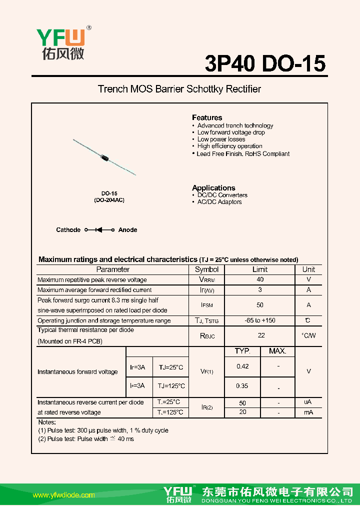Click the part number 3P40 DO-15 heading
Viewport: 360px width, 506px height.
coord(265,63)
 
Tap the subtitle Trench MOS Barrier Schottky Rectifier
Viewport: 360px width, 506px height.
coord(179,89)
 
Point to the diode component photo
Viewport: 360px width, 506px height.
coord(104,157)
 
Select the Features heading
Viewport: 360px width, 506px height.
coord(207,117)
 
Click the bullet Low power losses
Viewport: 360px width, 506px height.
coord(221,139)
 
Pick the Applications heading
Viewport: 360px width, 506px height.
coord(213,188)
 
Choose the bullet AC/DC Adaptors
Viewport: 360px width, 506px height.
coord(219,202)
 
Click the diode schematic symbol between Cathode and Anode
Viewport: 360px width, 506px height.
coord(99,230)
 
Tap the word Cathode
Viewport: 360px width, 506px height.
coord(68,230)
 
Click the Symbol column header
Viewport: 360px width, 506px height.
coord(207,269)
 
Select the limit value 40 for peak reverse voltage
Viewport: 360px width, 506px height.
coord(260,279)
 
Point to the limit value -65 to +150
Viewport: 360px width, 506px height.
coord(260,320)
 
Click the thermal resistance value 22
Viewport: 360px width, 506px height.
coord(261,335)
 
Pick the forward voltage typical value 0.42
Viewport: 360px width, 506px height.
coord(242,366)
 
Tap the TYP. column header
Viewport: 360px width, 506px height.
coord(242,351)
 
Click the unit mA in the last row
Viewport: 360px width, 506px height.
coord(308,412)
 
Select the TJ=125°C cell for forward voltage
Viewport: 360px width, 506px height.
coord(171,386)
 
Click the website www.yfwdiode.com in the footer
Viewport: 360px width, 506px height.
coord(63,495)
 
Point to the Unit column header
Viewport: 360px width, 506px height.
coord(308,269)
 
